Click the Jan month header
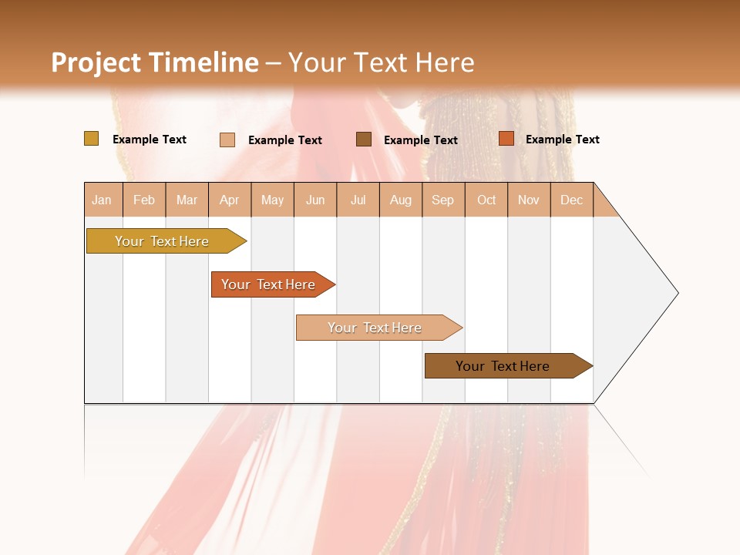(x=103, y=200)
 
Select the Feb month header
(x=144, y=200)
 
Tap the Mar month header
(x=187, y=200)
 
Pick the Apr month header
(x=230, y=200)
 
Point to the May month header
(x=272, y=200)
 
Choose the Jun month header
(x=315, y=200)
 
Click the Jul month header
(x=358, y=200)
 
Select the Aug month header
(x=401, y=200)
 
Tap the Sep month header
(x=443, y=200)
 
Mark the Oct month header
(x=486, y=200)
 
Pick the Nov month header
(x=529, y=200)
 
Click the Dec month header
(x=572, y=200)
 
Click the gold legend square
(x=91, y=139)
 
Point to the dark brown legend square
(x=364, y=140)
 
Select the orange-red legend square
(x=506, y=139)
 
